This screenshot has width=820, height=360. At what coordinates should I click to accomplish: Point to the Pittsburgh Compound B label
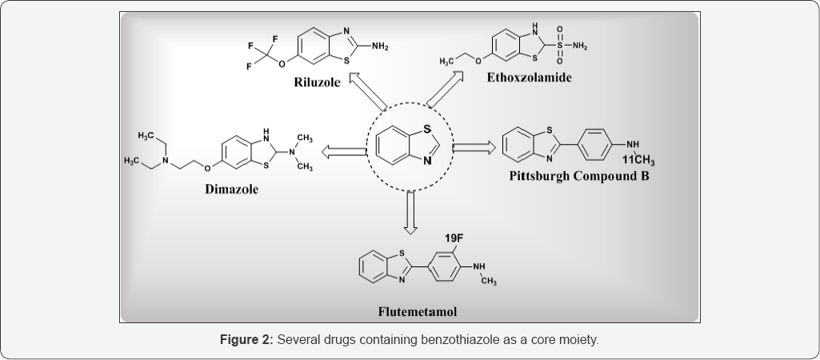tap(579, 175)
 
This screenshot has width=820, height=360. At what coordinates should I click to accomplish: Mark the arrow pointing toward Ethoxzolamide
tap(448, 90)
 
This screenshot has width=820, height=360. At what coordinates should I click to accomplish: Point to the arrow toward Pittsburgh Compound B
tap(474, 148)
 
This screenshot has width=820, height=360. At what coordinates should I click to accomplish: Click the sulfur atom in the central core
tap(427, 129)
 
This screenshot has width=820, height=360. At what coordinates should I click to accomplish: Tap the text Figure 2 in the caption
tap(246, 340)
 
